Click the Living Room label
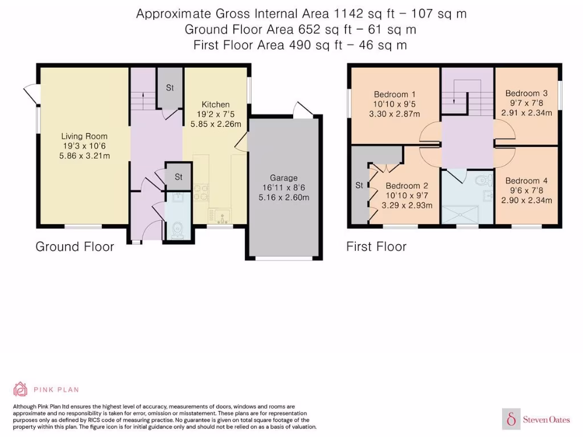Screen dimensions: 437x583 click(x=84, y=137)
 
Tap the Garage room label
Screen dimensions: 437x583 click(x=284, y=178)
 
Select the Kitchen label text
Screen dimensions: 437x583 click(x=216, y=105)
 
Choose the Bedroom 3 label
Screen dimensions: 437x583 click(x=527, y=93)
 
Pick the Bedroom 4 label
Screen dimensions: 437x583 click(x=527, y=181)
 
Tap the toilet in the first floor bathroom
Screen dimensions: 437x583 click(x=483, y=182)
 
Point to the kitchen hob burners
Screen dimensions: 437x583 click(x=200, y=193)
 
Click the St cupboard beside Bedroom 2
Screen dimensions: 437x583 click(x=359, y=185)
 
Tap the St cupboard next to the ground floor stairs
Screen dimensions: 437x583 click(x=170, y=88)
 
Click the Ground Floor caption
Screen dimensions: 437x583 click(x=75, y=247)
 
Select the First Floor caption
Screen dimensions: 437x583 click(x=376, y=247)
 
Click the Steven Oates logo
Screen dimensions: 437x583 click(x=537, y=419)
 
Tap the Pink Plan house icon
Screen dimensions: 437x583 click(x=20, y=389)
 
